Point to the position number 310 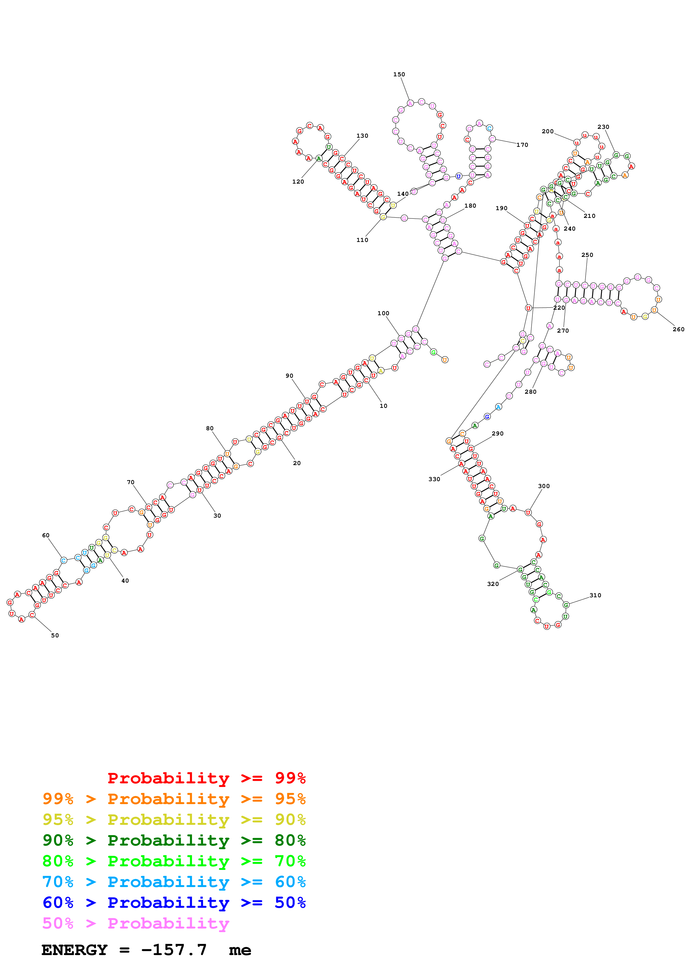point(595,595)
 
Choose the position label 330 point(434,479)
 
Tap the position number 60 point(46,535)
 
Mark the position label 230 point(603,127)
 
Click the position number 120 point(298,182)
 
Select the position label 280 point(530,392)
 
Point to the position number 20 point(297,463)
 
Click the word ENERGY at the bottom point(74,950)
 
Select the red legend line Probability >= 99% point(206,778)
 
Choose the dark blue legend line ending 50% point(174,903)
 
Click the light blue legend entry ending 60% point(174,882)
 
